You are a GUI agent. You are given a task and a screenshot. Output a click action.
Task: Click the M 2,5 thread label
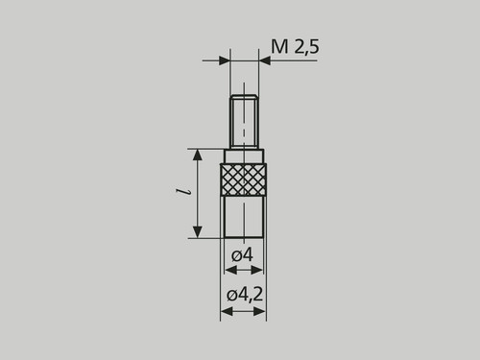tap(295, 47)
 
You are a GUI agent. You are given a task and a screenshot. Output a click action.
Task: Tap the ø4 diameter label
tap(242, 255)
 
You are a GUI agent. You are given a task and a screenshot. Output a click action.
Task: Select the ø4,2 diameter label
tap(245, 295)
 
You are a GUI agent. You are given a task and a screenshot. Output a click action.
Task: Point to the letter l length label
tap(183, 192)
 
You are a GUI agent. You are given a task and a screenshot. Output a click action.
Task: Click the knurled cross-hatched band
tap(244, 180)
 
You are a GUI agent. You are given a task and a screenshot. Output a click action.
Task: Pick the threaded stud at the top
tap(244, 122)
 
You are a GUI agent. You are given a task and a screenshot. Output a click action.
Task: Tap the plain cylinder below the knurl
tap(244, 217)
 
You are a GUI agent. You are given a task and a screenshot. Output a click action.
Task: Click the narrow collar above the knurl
tap(244, 156)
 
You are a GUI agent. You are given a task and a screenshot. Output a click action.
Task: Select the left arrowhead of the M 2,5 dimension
tap(225, 60)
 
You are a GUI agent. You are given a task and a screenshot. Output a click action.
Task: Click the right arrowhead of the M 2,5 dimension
tap(264, 60)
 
